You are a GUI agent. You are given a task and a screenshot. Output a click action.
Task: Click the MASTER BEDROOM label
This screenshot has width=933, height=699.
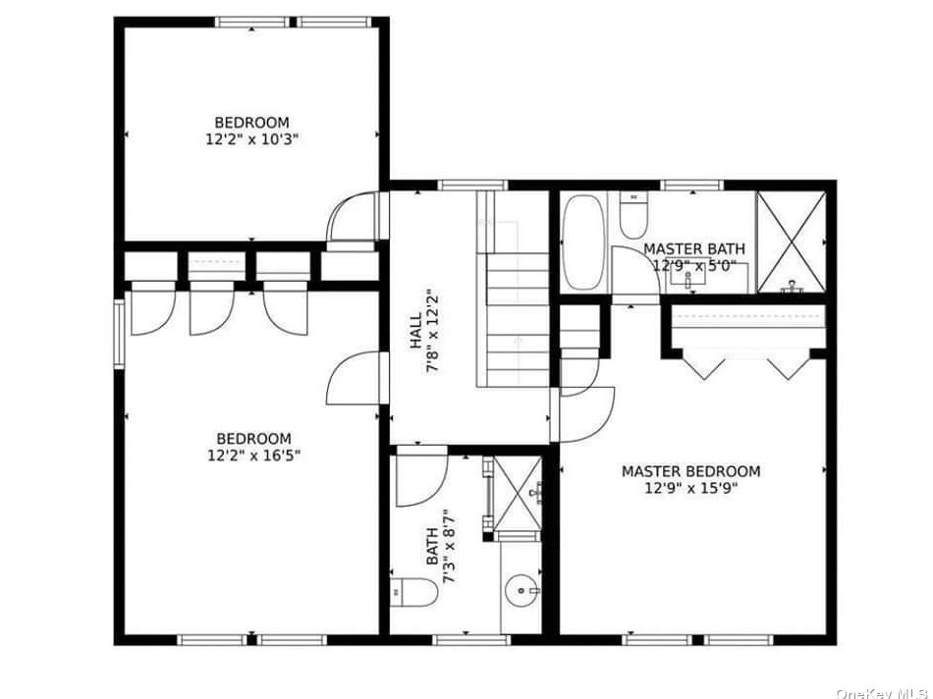point(690,472)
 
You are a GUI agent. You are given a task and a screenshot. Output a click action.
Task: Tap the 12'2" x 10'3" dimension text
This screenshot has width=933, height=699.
point(251,139)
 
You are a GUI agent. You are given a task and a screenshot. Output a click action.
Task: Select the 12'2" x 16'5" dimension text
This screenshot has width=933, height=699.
point(253,456)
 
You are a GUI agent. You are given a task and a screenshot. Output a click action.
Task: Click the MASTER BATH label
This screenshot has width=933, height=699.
point(694,248)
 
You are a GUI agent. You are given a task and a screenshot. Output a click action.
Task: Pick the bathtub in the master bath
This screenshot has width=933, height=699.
point(583,242)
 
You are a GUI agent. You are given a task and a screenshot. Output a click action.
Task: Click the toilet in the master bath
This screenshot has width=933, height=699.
point(633,215)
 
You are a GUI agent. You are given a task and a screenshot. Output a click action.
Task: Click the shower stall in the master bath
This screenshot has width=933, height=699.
point(791,242)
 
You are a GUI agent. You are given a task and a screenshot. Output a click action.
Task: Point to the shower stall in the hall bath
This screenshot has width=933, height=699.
point(517,493)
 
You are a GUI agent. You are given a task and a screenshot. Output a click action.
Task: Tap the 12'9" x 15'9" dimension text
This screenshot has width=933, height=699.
point(691,489)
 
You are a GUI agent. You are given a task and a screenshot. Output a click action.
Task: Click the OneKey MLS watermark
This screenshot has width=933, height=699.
point(883,693)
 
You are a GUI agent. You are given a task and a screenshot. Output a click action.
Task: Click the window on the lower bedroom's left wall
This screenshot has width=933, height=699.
point(120,334)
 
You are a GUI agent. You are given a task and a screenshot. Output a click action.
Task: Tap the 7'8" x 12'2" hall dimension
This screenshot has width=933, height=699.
point(433,332)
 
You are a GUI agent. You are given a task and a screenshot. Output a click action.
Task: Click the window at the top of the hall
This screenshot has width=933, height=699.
point(473,185)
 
